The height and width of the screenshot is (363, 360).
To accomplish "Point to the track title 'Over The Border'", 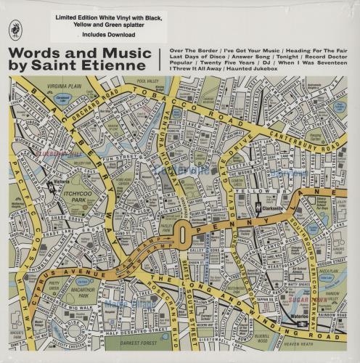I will click(192, 53).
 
